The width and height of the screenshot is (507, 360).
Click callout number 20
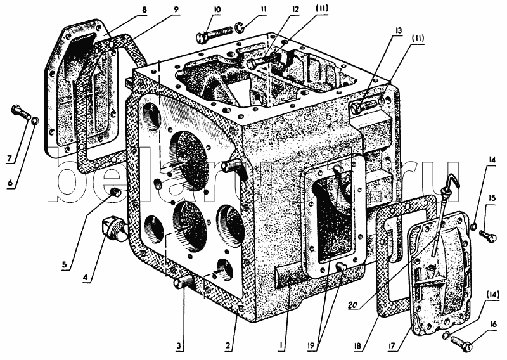tap(356, 304)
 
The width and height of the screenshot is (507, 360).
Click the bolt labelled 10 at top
tap(215, 32)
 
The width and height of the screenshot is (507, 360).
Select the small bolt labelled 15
tap(487, 236)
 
